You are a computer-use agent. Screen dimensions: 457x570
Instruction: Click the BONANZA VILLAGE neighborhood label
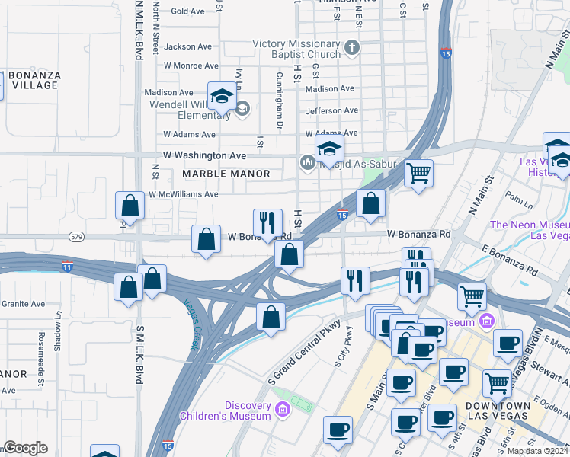(34, 80)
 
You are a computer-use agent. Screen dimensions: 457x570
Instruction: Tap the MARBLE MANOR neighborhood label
(226, 174)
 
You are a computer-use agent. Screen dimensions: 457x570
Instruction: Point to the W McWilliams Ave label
(184, 194)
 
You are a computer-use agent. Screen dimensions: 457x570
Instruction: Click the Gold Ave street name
(188, 11)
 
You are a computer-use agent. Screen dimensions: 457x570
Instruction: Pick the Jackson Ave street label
(188, 46)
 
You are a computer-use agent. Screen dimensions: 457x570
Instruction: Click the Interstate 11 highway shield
(68, 266)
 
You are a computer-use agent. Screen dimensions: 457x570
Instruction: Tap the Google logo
(25, 448)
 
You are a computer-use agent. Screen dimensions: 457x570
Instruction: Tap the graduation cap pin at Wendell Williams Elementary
(221, 97)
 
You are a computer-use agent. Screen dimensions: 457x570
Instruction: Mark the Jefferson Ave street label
(331, 110)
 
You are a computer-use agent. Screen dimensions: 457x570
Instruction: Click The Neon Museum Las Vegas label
(530, 230)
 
